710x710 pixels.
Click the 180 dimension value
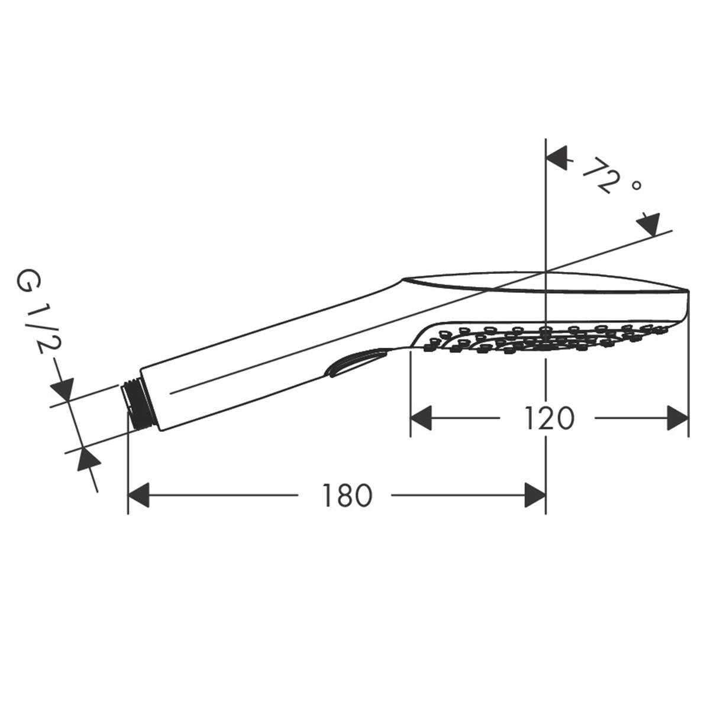[x=347, y=495]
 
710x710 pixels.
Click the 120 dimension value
[x=548, y=419]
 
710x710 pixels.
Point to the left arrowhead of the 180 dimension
[x=140, y=495]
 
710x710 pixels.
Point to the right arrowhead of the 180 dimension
[x=535, y=495]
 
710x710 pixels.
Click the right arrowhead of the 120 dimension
[x=678, y=418]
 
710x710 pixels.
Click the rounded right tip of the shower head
[x=686, y=302]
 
